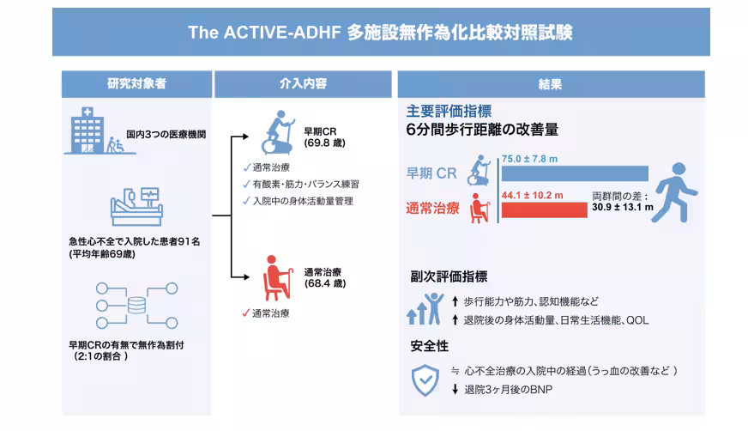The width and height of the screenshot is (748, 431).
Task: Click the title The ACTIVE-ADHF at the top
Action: (x=264, y=33)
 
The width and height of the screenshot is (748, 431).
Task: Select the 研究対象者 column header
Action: (x=137, y=84)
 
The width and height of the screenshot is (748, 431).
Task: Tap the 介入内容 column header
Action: (x=303, y=84)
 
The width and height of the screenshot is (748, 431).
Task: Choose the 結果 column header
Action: (x=551, y=84)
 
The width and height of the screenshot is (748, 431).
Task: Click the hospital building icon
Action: (x=87, y=131)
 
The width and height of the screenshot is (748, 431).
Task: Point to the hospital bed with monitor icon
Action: (x=136, y=206)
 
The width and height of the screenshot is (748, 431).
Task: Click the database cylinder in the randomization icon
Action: (x=136, y=305)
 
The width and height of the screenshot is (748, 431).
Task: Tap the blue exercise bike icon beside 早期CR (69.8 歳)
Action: (x=278, y=133)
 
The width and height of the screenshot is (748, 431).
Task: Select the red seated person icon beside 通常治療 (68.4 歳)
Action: (x=278, y=278)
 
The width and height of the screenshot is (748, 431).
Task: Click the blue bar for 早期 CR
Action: (x=575, y=173)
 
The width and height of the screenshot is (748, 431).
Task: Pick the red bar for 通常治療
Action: (x=545, y=210)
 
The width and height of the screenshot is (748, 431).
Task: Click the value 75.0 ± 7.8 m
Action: (x=529, y=159)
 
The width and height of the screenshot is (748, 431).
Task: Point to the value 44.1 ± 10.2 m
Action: (x=532, y=195)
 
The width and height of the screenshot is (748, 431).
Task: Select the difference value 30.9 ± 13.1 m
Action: (x=623, y=207)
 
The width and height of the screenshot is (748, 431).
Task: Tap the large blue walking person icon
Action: (x=676, y=193)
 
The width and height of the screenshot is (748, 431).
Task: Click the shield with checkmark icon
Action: (x=425, y=380)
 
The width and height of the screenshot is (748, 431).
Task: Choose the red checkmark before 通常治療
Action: (x=245, y=313)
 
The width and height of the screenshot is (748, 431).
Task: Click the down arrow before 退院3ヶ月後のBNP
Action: (x=455, y=390)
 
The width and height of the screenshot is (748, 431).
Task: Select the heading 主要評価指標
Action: (x=449, y=112)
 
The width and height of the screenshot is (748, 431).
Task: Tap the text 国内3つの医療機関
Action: (x=166, y=135)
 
